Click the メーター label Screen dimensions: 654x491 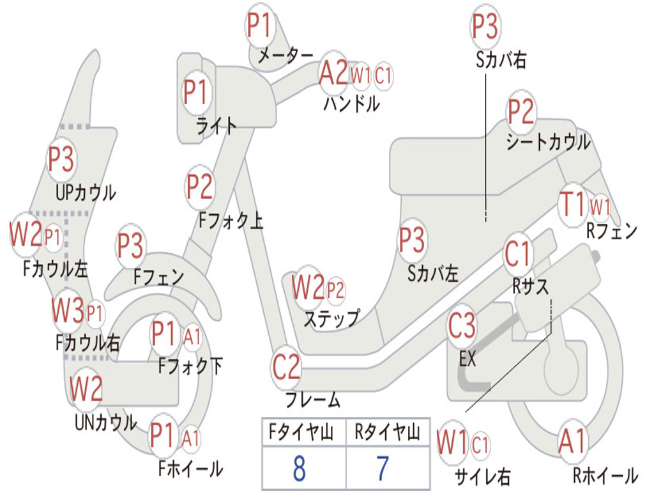coord(285,56)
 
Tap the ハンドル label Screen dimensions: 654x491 coord(351,102)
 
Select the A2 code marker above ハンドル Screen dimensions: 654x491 coord(333,73)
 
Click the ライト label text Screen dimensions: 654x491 coord(216,125)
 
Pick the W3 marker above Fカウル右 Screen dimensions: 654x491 coord(68,312)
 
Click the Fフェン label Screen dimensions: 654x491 coord(158,277)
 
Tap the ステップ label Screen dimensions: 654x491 coord(331,318)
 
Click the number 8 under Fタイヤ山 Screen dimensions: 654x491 coord(299,469)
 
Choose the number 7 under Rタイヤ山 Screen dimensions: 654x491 coord(382,469)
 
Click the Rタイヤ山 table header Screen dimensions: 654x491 coord(387,433)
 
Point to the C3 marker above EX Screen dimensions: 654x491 coord(462,326)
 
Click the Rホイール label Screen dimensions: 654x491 coord(604,475)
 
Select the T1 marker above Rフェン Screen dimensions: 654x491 coord(572,205)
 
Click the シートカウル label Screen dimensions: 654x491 coord(548,142)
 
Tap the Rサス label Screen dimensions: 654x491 coord(530,287)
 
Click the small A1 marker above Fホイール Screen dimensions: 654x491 coord(190,439)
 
